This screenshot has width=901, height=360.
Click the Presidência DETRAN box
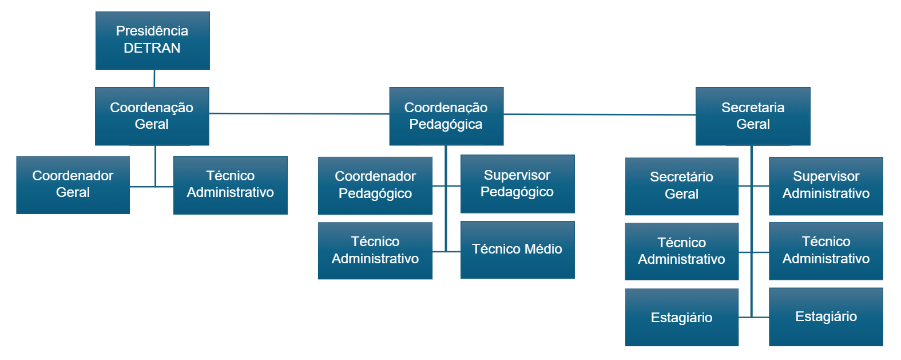point(152,40)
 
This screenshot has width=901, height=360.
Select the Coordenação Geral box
point(152,116)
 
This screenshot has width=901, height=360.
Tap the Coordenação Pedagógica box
point(446,116)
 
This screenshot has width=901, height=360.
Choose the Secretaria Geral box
point(752,116)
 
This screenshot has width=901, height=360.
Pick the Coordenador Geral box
point(73,184)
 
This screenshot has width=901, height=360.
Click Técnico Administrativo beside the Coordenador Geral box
point(230,184)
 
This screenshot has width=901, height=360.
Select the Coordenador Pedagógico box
point(375,185)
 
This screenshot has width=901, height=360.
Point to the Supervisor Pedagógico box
point(517,184)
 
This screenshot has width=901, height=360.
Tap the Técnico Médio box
point(517,250)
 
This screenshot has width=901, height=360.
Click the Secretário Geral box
point(681,185)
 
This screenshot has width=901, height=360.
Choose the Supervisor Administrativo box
point(825,185)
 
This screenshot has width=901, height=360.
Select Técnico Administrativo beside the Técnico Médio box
point(375,250)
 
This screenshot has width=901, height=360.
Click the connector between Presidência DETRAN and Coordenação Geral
point(154,78)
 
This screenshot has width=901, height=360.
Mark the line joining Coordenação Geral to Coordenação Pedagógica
point(299,113)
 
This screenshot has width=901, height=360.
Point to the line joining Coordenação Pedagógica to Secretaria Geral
point(599,114)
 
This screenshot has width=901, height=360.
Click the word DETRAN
point(152,48)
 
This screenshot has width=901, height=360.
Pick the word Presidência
point(152,31)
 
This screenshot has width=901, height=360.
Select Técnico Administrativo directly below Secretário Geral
point(681,251)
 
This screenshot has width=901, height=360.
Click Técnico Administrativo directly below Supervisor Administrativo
point(825,251)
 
